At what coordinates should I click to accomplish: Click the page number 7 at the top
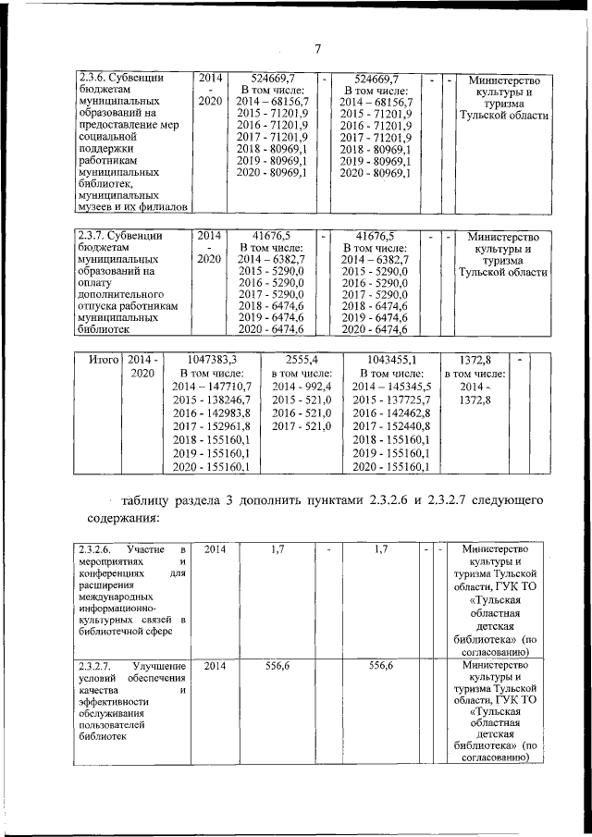click(x=316, y=49)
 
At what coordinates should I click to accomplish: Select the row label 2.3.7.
click(x=94, y=236)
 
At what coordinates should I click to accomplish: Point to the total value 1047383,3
click(x=212, y=359)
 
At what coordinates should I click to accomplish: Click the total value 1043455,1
click(x=386, y=359)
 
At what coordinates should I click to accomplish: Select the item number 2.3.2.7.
click(x=97, y=666)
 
